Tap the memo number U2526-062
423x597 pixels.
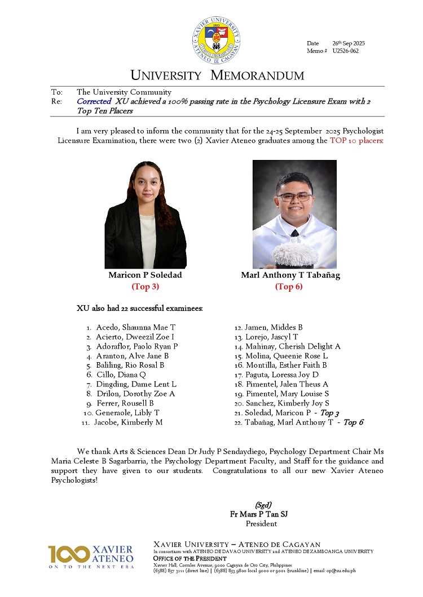point(345,51)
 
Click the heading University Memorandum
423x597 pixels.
point(217,75)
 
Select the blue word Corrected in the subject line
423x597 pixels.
point(94,101)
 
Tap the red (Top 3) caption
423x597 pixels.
point(145,287)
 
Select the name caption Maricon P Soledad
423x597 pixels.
point(145,275)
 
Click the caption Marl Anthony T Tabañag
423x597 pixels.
point(290,275)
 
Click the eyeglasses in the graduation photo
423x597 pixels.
point(294,197)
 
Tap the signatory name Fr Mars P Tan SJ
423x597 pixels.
point(261,514)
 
